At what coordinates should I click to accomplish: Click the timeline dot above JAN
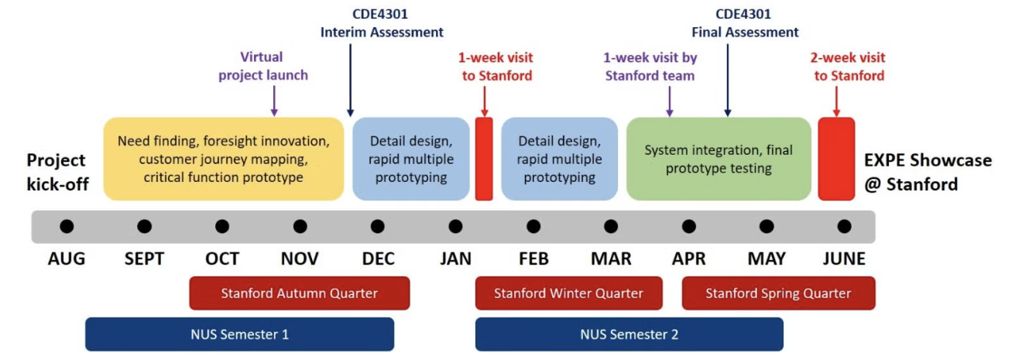click(455, 227)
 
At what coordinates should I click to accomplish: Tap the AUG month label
click(67, 259)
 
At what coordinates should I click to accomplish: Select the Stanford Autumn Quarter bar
click(299, 293)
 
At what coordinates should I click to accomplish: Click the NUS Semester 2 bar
click(629, 334)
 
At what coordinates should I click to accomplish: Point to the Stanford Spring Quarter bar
click(777, 293)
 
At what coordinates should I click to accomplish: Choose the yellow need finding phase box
click(224, 159)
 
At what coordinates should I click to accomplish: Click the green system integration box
click(718, 159)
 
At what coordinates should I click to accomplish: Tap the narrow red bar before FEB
click(484, 159)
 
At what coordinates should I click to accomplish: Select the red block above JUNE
click(836, 159)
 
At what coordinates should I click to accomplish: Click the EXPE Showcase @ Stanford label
click(927, 172)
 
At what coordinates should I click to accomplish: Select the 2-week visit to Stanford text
click(849, 67)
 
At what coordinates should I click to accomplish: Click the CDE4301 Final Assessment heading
click(744, 23)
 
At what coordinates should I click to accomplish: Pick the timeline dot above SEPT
click(144, 227)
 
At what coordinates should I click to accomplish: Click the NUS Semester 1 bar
click(239, 334)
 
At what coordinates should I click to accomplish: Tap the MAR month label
click(611, 259)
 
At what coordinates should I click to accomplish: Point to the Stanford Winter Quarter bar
click(568, 293)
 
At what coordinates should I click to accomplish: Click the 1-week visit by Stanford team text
click(650, 67)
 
